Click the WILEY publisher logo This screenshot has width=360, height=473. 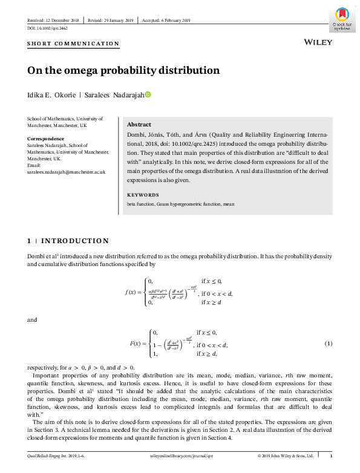pos(316,43)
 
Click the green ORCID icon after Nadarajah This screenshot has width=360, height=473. pos(147,95)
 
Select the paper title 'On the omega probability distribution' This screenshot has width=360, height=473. pos(123,70)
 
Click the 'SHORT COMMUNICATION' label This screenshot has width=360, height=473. pos(74,44)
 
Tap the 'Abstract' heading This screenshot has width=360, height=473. pos(139,124)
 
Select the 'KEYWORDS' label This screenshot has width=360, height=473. pos(143,195)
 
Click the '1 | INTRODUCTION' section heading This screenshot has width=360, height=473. pos(68,241)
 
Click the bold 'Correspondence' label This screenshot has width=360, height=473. pos(47,139)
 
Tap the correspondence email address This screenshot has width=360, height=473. pos(67,172)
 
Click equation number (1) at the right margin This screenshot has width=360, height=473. pos(329,344)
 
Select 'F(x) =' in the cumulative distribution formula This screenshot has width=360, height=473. pos(139,344)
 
